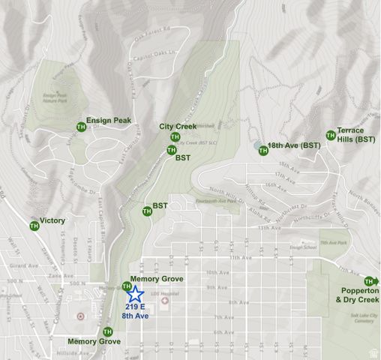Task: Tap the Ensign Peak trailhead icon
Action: coord(80,126)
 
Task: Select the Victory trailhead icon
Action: coord(34,225)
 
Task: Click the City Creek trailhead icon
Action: coord(175,137)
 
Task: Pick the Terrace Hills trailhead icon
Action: coord(330,136)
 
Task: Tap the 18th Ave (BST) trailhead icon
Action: coord(262,151)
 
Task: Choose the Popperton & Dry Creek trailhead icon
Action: coord(369,281)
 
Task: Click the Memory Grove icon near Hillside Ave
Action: coord(106,331)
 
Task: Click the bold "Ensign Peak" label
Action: coord(109,120)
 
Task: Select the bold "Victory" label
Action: coord(53,220)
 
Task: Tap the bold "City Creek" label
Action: coord(178,127)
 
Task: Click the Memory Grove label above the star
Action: coord(157,279)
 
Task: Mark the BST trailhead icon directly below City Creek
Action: coord(171,150)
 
